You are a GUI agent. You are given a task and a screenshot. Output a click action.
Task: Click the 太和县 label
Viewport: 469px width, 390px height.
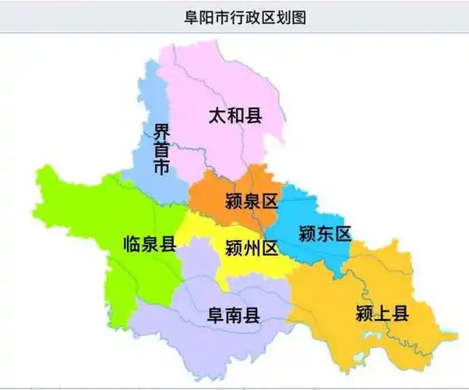[x=235, y=117]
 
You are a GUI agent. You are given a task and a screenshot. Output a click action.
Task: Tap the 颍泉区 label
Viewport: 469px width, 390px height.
[x=250, y=201]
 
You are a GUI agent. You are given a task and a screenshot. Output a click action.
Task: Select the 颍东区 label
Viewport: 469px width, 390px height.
[x=325, y=233]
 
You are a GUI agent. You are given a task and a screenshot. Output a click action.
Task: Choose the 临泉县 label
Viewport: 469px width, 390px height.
[x=150, y=245]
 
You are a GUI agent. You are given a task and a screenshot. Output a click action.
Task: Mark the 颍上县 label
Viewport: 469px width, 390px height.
[x=382, y=314]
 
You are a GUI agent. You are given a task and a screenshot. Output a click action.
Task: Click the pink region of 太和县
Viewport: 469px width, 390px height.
[x=210, y=78]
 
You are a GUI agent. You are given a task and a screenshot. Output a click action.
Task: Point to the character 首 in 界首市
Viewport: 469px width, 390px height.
[x=160, y=150]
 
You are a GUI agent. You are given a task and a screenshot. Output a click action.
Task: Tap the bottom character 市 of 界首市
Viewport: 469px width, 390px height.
[x=160, y=168]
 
